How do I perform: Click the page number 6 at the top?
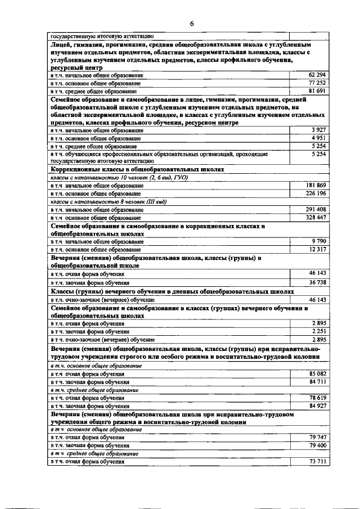[x=191, y=24]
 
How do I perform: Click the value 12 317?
[x=318, y=249]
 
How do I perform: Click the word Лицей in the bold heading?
[x=61, y=43]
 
